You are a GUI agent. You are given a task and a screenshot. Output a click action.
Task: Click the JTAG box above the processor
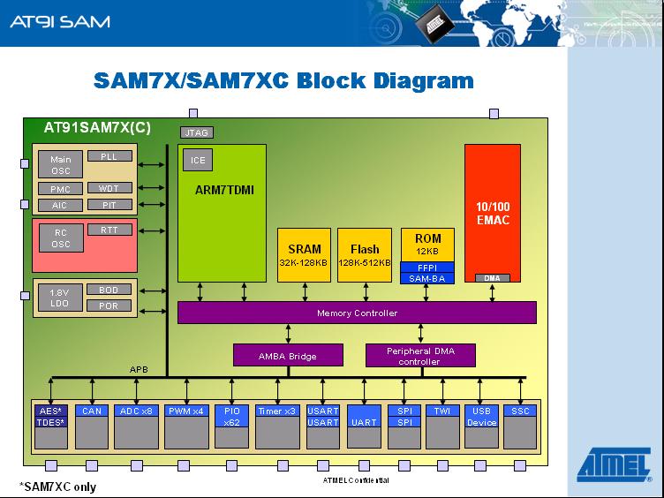197,132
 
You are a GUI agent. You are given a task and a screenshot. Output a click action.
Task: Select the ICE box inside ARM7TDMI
198,160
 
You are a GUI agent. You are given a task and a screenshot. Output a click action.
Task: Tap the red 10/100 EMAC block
493,213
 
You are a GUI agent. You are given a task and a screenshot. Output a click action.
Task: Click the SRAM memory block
304,255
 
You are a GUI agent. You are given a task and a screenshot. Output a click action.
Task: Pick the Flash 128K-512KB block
365,255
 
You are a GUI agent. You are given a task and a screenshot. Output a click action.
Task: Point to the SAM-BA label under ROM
427,278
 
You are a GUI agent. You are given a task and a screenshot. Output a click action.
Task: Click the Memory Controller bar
357,313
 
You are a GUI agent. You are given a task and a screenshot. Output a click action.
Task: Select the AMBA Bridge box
288,355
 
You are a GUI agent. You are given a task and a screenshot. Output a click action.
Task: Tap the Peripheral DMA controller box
420,355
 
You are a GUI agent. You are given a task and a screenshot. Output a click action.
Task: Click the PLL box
109,155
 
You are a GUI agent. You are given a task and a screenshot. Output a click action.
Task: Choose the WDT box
109,188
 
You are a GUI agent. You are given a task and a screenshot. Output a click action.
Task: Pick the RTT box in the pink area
109,230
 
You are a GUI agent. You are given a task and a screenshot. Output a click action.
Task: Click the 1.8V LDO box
60,298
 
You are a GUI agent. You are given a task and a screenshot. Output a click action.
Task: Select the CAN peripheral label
92,411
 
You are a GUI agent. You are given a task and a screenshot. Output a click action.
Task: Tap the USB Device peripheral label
481,416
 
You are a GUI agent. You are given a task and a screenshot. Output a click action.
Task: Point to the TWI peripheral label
442,411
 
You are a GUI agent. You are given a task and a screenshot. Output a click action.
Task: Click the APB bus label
139,369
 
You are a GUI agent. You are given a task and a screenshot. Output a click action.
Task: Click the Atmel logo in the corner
614,464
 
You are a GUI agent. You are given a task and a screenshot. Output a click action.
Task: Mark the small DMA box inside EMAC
492,278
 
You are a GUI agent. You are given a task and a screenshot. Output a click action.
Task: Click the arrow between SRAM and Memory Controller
305,291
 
